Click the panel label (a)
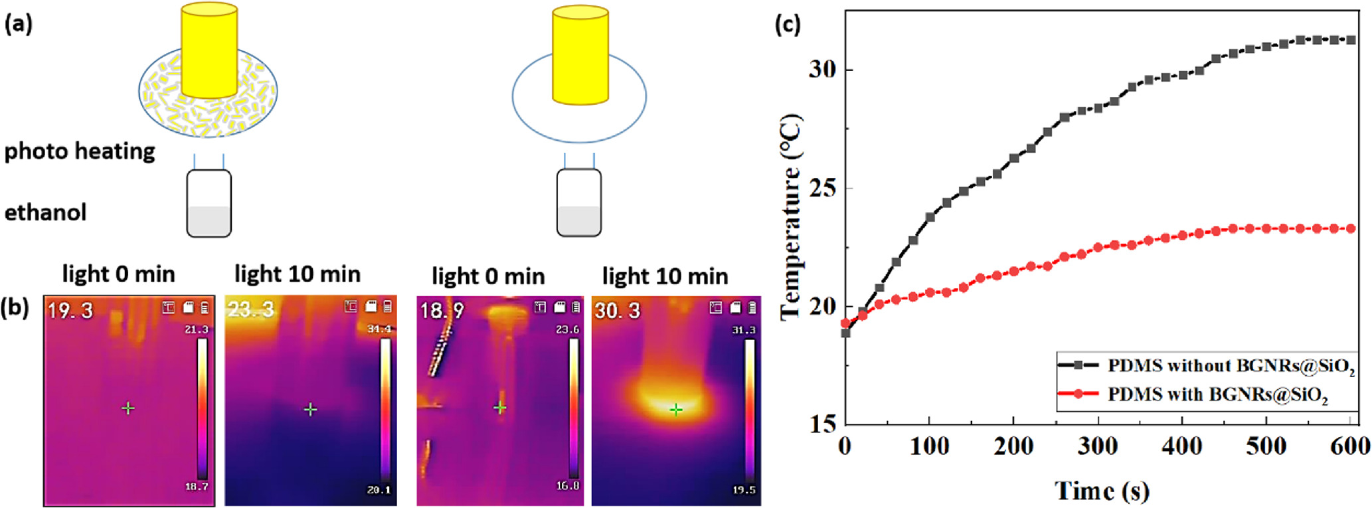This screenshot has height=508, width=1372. point(19,25)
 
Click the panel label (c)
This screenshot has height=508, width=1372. point(788,25)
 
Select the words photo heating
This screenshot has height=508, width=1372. point(80,151)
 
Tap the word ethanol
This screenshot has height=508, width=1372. point(45,212)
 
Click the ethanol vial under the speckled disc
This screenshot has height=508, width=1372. point(209,204)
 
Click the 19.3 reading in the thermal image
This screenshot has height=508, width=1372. point(70,311)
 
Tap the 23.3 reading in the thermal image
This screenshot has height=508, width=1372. point(250,309)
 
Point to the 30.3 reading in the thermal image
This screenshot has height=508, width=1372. point(618,311)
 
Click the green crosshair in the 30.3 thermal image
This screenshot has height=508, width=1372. point(675,410)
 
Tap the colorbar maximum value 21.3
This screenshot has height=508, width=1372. point(197,329)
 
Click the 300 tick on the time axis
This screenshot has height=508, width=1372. point(1097,447)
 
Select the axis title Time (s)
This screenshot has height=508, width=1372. point(1102,491)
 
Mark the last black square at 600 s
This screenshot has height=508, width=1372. point(1351,40)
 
